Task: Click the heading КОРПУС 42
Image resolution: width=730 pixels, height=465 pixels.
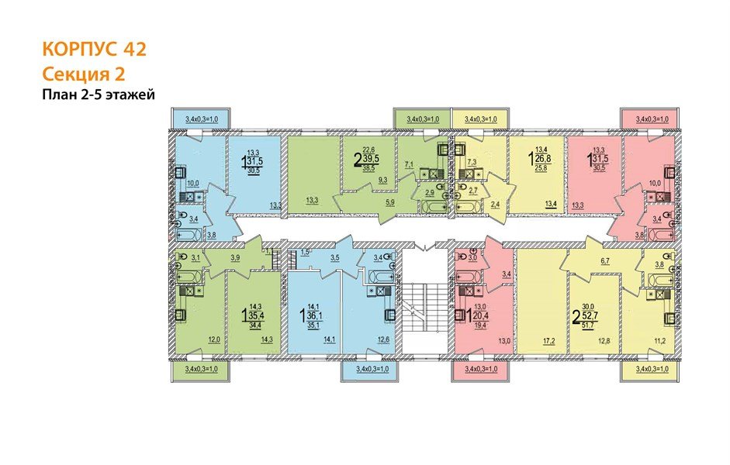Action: click(x=93, y=49)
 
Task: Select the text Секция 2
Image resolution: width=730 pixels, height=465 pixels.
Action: click(x=83, y=74)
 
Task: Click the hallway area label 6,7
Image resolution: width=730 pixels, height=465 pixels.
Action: click(x=605, y=263)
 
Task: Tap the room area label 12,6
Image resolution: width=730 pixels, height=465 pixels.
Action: click(x=382, y=339)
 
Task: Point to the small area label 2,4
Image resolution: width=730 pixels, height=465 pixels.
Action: click(x=495, y=205)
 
